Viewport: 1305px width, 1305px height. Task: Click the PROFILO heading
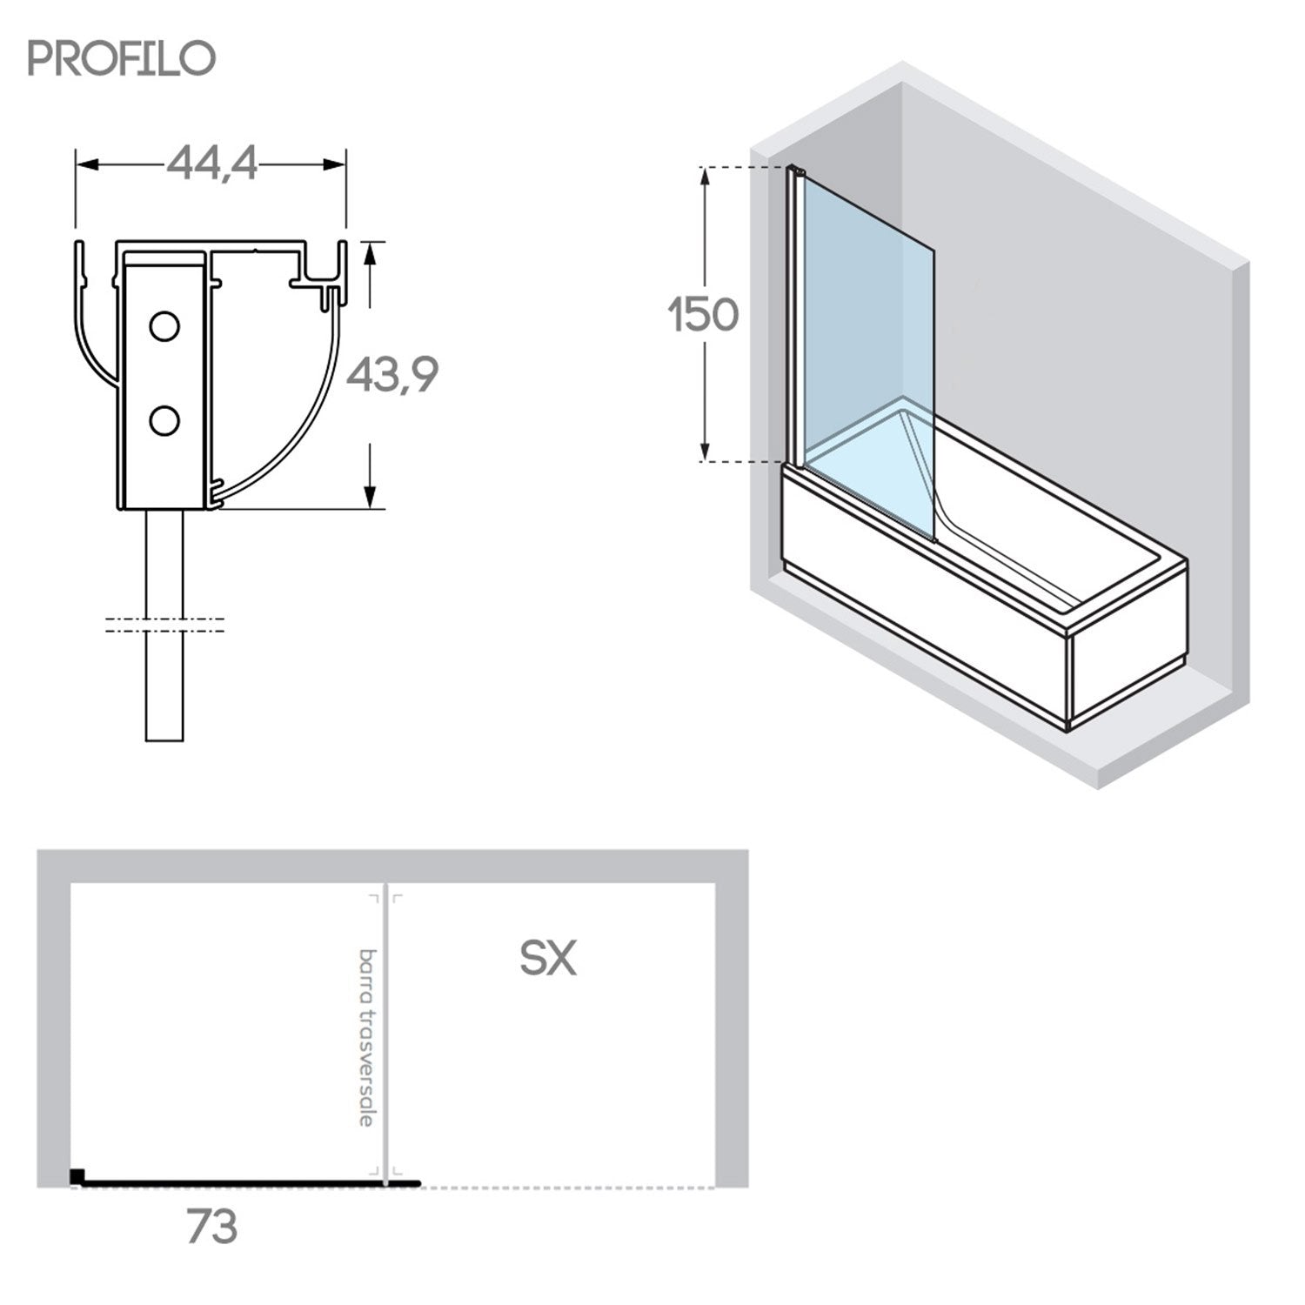pyautogui.click(x=122, y=57)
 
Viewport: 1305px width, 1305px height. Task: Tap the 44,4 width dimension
pyautogui.click(x=212, y=163)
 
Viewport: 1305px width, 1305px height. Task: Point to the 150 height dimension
pyautogui.click(x=704, y=314)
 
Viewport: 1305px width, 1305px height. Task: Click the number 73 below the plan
pyautogui.click(x=211, y=1227)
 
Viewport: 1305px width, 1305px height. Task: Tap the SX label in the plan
pyautogui.click(x=548, y=958)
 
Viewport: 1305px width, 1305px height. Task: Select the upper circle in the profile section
pyautogui.click(x=164, y=326)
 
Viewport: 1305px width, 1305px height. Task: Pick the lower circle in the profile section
pyautogui.click(x=164, y=421)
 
